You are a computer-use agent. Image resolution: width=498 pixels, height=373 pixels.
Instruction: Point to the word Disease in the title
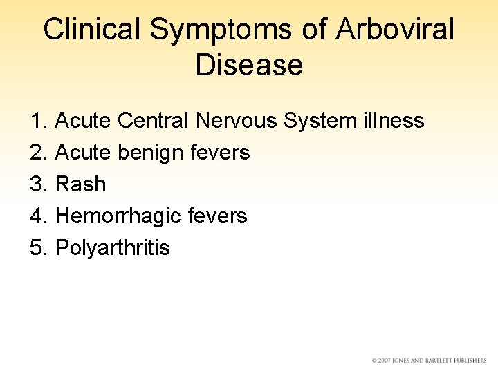point(249,65)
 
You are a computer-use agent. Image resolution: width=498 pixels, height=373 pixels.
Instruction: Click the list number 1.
point(38,121)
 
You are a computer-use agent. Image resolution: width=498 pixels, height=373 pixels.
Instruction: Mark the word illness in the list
point(394,121)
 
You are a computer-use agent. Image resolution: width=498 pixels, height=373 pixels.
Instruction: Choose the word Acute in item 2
point(83,152)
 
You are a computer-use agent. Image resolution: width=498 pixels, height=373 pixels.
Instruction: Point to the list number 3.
point(38,184)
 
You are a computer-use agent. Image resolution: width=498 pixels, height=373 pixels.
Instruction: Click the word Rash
point(80,184)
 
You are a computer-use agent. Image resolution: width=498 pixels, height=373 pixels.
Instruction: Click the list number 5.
point(38,247)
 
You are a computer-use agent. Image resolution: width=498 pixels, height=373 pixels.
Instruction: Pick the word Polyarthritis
point(112,247)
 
